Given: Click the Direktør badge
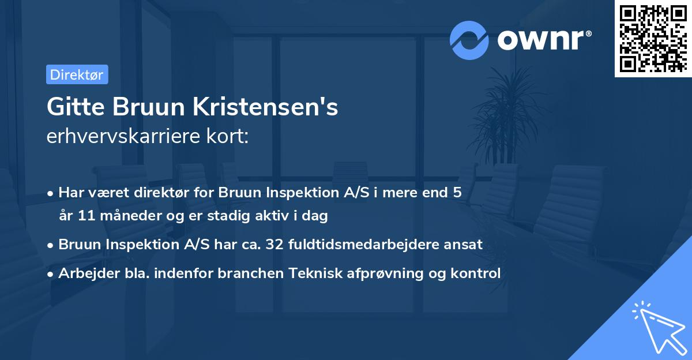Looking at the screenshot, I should (x=77, y=74).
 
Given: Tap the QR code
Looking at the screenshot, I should (x=653, y=38).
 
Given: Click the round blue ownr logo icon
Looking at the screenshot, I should (x=470, y=40).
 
